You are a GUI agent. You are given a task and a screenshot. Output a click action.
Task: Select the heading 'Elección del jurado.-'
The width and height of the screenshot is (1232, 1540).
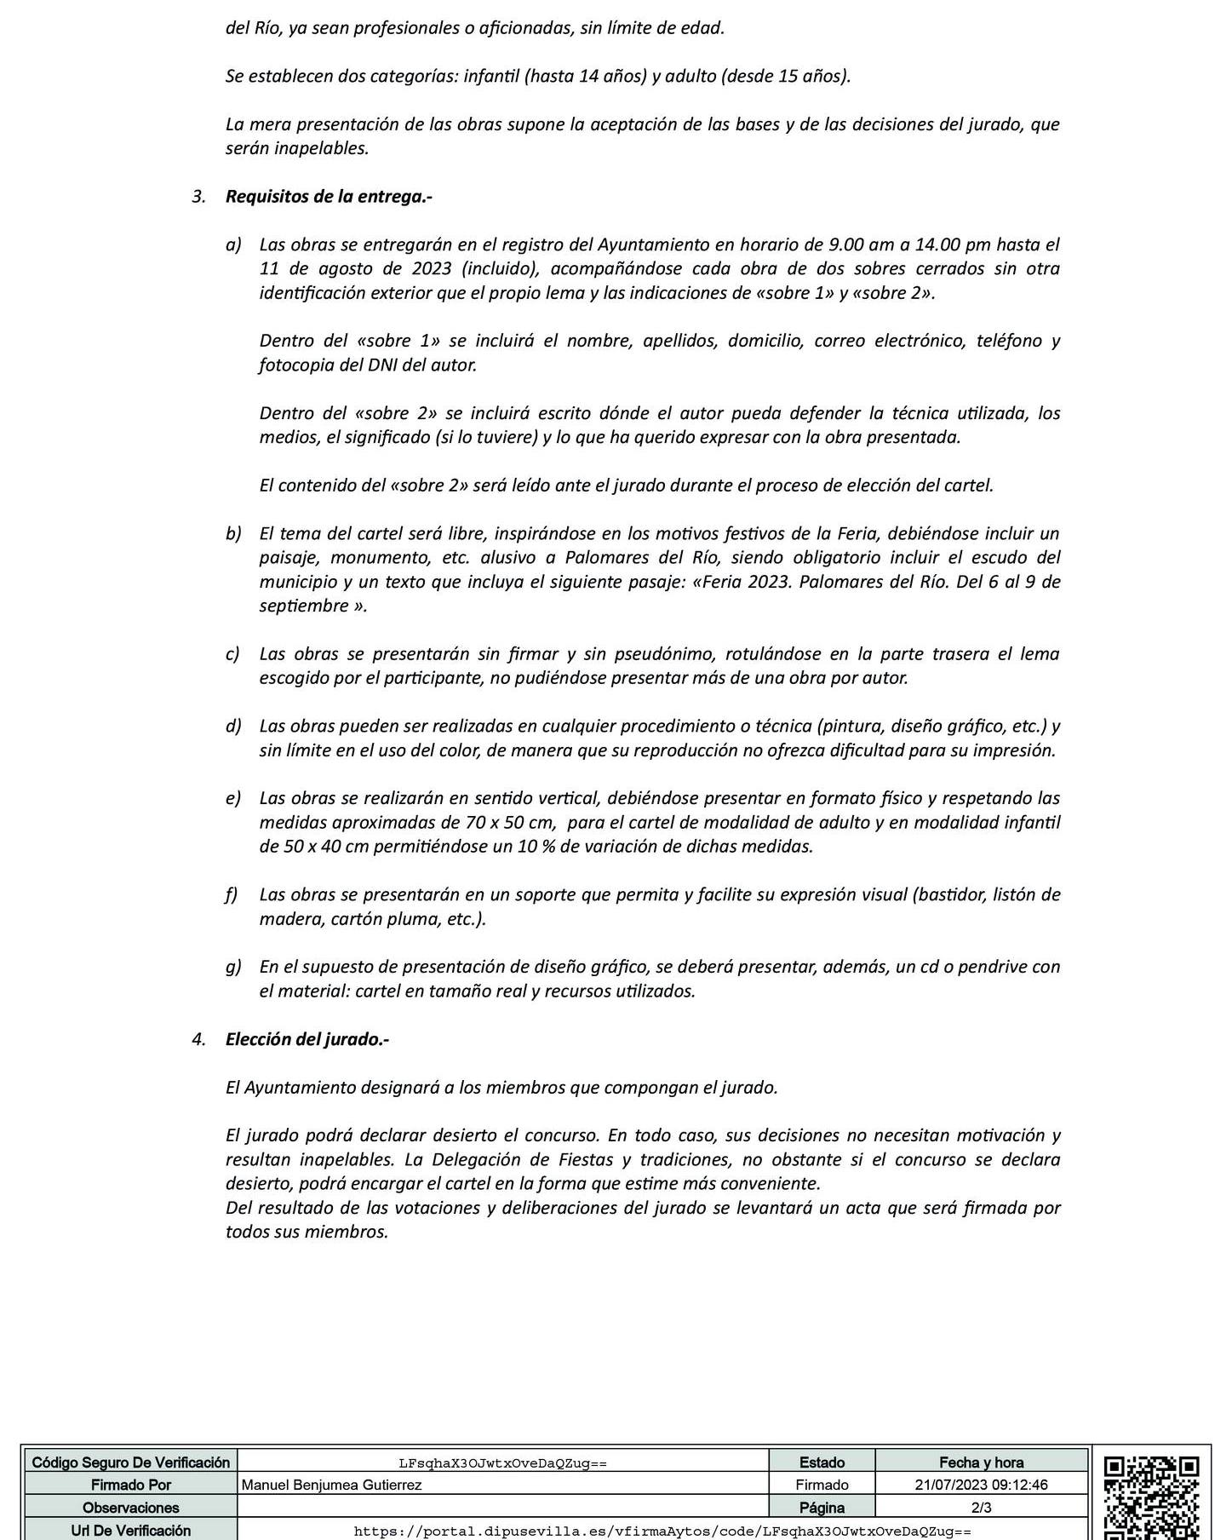pos(307,1039)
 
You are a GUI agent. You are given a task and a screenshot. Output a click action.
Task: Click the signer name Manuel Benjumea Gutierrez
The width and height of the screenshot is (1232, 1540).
pos(332,1485)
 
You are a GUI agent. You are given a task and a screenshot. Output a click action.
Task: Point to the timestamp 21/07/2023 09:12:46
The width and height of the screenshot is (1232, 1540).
pos(981,1485)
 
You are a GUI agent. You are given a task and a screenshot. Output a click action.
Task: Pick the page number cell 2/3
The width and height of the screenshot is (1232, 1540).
pos(981,1507)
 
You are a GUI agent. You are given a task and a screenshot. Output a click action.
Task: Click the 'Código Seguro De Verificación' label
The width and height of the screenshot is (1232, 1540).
pos(130,1462)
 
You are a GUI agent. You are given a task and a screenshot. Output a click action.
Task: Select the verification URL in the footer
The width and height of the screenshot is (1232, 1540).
pos(662,1531)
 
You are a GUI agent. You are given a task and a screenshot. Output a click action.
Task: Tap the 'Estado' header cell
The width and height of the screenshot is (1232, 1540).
pos(822,1462)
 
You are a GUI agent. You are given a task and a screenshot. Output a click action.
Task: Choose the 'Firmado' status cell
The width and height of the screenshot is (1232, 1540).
pos(822,1485)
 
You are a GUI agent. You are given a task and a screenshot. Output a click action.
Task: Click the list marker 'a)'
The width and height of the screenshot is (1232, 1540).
pos(233,245)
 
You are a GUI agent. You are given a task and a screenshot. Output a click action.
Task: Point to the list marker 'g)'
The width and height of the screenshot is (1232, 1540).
pos(233,967)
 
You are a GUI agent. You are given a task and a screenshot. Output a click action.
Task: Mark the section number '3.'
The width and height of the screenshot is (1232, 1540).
pos(199,197)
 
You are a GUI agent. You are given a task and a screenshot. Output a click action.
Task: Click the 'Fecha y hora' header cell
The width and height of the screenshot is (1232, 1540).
pos(981,1462)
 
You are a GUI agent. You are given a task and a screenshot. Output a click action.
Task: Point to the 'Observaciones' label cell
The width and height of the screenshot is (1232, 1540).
pos(130,1507)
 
